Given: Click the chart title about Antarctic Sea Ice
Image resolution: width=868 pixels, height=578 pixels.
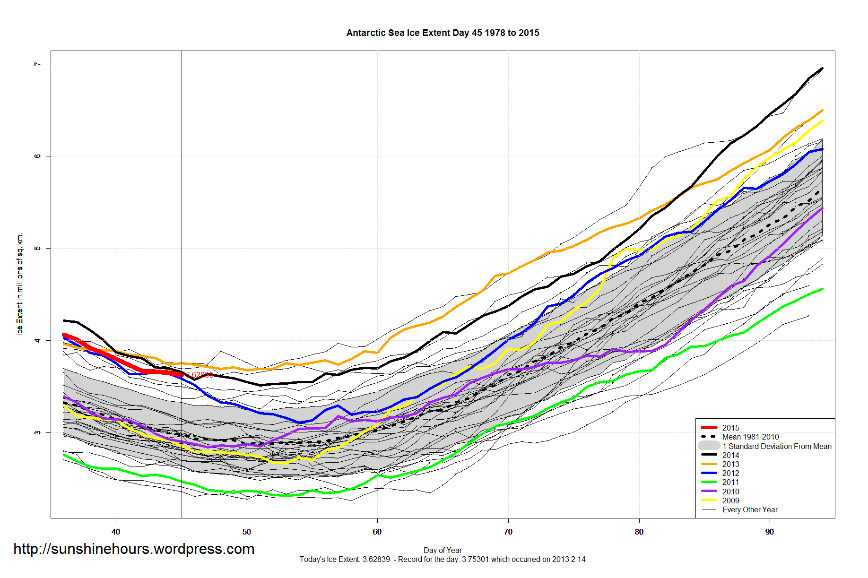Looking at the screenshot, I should (x=443, y=33).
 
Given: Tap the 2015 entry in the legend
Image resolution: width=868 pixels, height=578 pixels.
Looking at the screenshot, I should (x=730, y=428).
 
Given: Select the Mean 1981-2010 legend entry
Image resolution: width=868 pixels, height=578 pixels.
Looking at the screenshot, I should (x=750, y=437).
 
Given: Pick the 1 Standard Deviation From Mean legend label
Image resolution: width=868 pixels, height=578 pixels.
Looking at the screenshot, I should (x=776, y=446).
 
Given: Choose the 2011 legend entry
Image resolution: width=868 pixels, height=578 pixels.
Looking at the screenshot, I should (x=730, y=482).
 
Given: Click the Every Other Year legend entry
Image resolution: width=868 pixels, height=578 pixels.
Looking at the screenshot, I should (x=749, y=509).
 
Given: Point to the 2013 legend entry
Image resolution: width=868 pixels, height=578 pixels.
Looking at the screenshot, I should (x=730, y=464).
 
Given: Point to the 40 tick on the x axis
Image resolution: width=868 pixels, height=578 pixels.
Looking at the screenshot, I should (x=116, y=532).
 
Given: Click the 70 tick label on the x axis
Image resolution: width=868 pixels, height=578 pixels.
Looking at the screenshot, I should (x=508, y=532).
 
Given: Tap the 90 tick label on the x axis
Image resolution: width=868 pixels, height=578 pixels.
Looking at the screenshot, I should (x=770, y=532).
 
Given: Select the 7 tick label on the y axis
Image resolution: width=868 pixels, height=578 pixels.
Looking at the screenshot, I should (x=37, y=64).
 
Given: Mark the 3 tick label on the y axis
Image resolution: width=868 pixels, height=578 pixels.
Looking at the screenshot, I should (x=37, y=432).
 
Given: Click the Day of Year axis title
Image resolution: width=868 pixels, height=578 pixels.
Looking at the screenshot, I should (x=443, y=550).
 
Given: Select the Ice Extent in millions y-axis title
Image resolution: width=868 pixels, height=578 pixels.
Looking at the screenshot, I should (x=20, y=284).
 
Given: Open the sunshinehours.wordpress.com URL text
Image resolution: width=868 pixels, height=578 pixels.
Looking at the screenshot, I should (x=134, y=549).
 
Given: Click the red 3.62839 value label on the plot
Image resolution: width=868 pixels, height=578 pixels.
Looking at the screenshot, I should (x=199, y=375).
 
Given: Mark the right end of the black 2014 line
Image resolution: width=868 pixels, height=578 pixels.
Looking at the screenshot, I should (x=823, y=69).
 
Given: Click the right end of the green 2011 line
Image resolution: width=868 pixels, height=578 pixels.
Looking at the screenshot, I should (x=823, y=289).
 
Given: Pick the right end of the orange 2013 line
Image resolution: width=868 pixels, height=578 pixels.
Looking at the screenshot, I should (x=823, y=111).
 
